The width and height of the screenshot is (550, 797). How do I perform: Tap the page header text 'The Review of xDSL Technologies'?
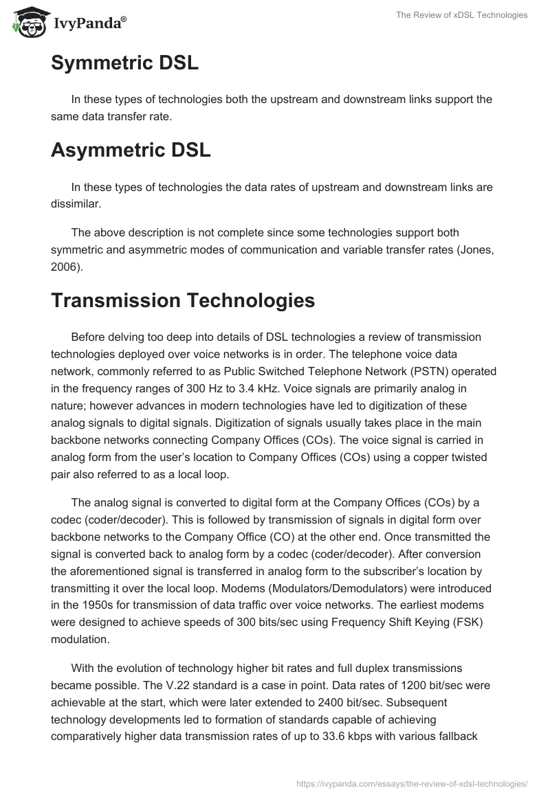coord(461,16)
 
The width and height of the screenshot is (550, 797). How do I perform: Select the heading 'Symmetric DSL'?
coord(124,64)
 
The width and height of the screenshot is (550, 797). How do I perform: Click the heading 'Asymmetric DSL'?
coord(131,150)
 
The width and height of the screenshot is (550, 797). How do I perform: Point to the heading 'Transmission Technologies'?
coord(173,300)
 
